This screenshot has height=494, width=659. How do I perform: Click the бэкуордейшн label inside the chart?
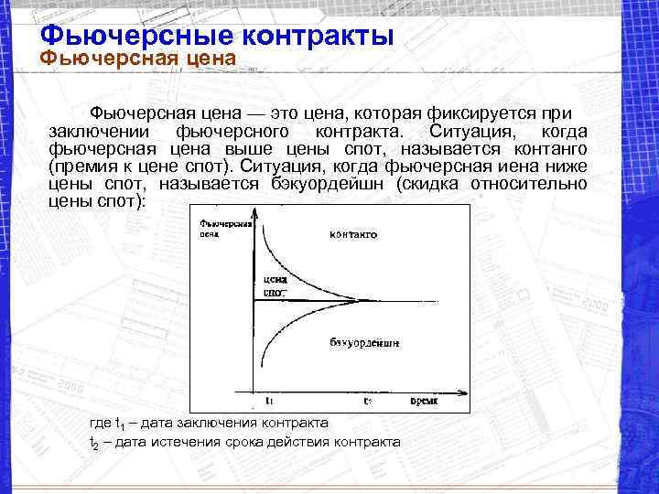tap(363, 342)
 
